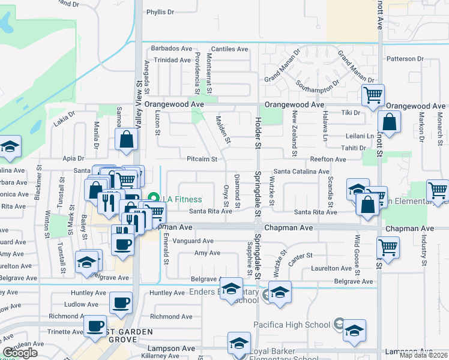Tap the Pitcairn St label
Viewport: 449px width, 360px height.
click(205, 159)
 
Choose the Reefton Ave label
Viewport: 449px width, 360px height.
click(328, 160)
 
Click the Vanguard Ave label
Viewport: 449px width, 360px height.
click(193, 241)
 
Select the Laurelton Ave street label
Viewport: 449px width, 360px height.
click(330, 268)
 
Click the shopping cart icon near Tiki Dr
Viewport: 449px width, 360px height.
click(373, 95)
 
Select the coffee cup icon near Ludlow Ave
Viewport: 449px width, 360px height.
click(121, 302)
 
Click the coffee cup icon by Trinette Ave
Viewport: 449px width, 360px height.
click(94, 327)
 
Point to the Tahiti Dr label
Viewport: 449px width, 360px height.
click(354, 148)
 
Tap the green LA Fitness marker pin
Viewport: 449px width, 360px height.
click(153, 199)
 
